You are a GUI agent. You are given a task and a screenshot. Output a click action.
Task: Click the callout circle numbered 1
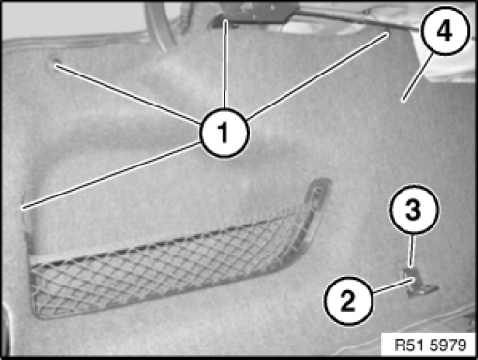tap(224, 133)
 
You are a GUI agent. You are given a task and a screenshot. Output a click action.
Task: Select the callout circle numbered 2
tap(348, 301)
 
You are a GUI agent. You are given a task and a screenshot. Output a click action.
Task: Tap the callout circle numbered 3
tap(414, 209)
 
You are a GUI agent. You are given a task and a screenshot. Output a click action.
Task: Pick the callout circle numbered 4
tap(445, 31)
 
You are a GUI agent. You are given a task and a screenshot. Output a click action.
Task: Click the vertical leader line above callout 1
tap(225, 64)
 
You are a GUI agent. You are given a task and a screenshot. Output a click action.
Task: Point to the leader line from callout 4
tap(416, 77)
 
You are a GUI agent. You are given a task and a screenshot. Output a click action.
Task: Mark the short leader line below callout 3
tap(411, 251)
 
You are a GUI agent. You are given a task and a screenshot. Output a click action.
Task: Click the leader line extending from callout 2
tap(393, 285)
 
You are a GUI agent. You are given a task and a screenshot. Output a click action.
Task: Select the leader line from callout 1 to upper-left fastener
tap(128, 94)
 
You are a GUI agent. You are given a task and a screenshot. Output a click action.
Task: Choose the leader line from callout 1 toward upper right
tap(317, 75)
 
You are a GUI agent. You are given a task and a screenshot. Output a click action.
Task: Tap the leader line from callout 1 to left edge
tap(111, 175)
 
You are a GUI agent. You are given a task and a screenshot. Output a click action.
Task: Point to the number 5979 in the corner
tap(448, 345)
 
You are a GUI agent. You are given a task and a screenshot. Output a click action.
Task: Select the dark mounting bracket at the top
tap(254, 13)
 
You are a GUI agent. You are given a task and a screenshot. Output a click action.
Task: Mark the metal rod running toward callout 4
tap(358, 17)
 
